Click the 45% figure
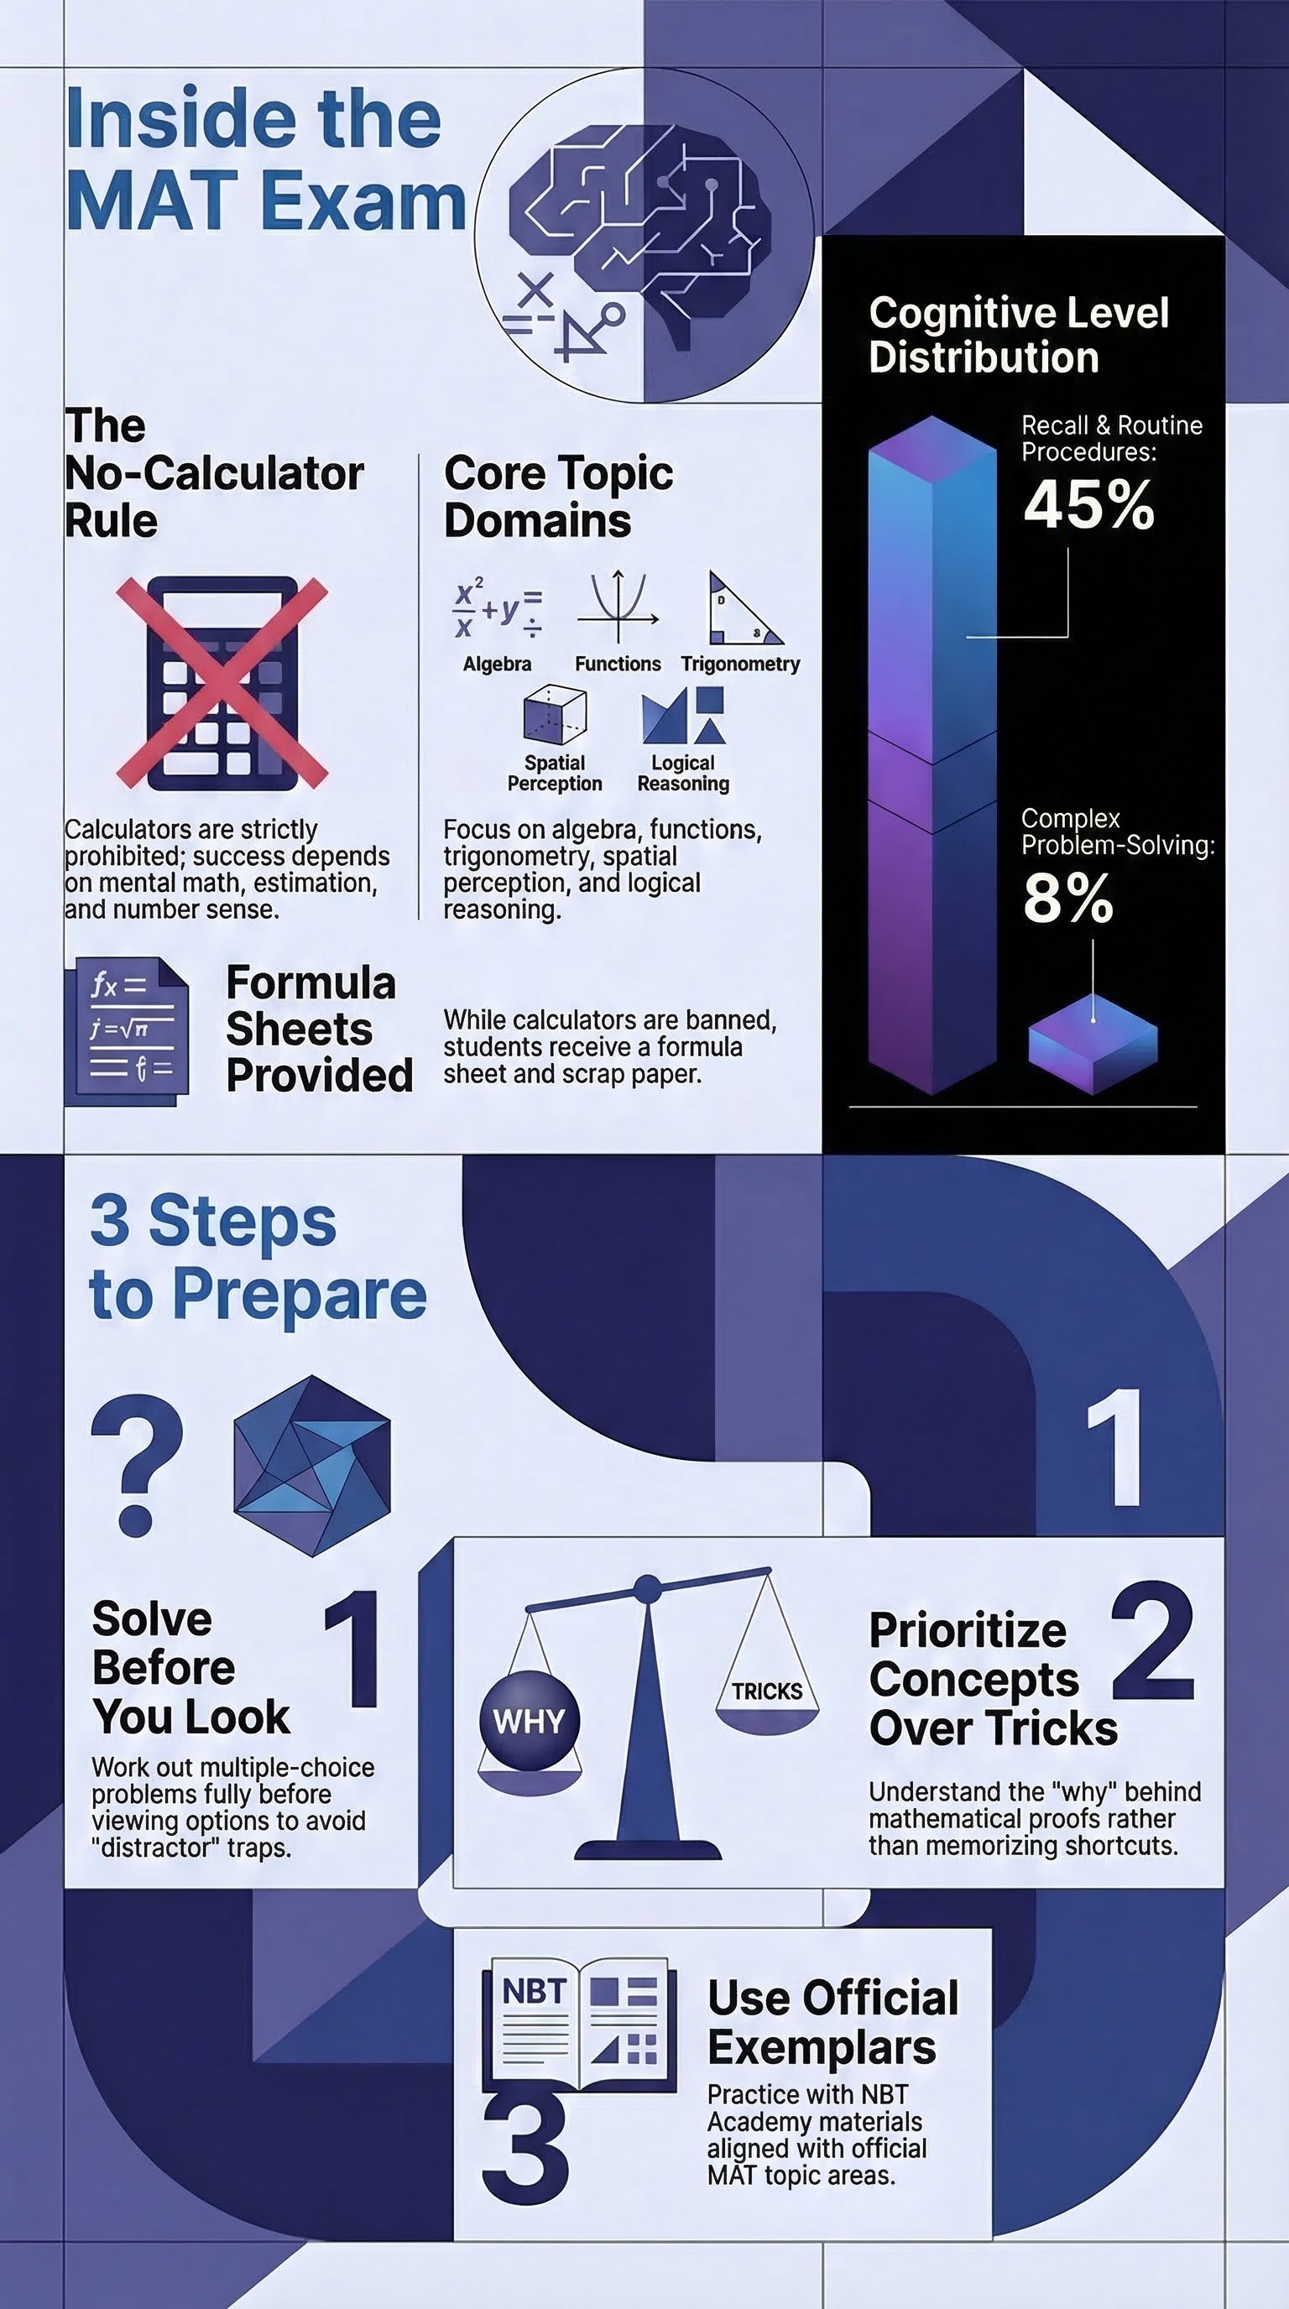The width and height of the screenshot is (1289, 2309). click(1088, 504)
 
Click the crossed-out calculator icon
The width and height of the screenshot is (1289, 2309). click(222, 683)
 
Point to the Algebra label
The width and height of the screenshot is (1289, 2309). click(497, 665)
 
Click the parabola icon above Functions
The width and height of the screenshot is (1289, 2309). click(618, 607)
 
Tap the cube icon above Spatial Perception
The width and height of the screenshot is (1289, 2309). click(555, 714)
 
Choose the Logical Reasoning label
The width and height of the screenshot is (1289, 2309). click(683, 773)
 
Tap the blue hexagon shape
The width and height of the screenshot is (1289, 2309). click(311, 1466)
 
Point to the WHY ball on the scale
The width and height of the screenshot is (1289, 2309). click(529, 1720)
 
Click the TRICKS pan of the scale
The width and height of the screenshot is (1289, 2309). click(766, 1694)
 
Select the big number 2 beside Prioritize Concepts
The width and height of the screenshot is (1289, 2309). click(1153, 1642)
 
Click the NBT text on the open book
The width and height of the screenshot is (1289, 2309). click(534, 1992)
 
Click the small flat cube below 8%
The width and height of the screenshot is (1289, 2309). click(1093, 1046)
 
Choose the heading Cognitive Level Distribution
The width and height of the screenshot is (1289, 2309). click(1018, 334)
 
